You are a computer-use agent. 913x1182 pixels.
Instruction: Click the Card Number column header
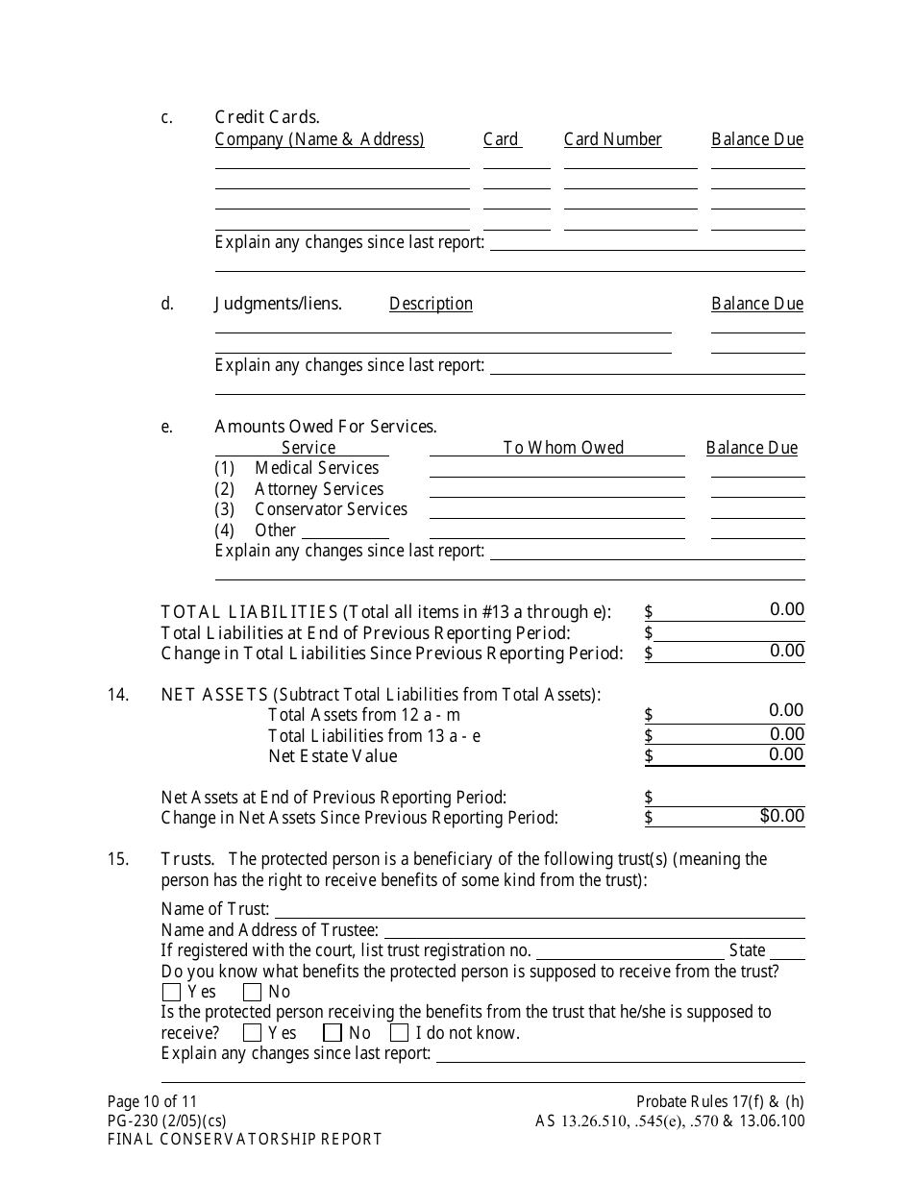coord(612,139)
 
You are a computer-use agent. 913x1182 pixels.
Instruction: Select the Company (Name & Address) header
coord(319,139)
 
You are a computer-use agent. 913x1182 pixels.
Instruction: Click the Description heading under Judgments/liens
coord(431,304)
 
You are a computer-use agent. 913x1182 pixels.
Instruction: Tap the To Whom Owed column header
coord(563,448)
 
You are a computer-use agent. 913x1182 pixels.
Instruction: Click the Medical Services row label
coord(316,468)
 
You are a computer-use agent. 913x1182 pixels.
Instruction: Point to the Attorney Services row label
coord(318,489)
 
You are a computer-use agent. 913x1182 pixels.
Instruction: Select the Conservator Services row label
coord(331,509)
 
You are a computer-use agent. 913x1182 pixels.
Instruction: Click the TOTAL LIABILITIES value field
coord(730,610)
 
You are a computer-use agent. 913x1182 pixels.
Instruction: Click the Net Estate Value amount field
coord(730,755)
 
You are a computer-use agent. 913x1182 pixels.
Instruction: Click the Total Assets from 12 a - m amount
coord(730,712)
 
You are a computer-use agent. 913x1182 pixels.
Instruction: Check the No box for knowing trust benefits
coord(253,992)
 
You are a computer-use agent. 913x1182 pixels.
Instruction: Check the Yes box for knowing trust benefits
coord(171,992)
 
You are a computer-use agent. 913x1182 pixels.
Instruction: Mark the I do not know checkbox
coord(399,1033)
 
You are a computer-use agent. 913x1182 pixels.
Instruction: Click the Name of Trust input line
coord(538,909)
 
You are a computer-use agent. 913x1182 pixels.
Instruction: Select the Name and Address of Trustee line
coord(593,930)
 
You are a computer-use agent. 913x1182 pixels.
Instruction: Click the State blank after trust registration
coord(787,950)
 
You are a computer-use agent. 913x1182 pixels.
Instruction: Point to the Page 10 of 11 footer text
coord(152,1102)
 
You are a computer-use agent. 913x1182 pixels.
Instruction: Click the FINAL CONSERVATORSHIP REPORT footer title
coord(244,1140)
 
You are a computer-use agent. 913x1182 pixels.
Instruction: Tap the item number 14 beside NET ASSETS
coord(117,695)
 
